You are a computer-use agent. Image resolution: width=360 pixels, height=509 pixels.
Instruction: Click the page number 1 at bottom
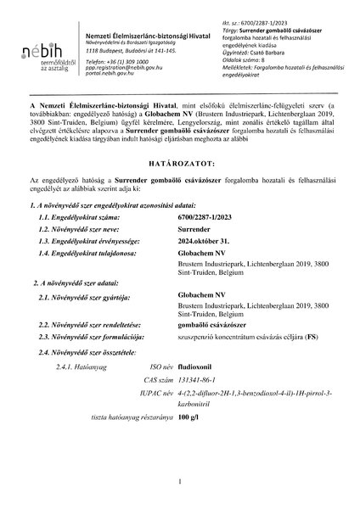click(x=181, y=482)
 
